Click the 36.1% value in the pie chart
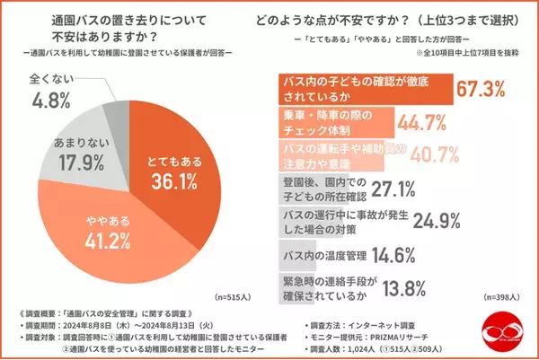coord(173,181)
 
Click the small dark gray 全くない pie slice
coord(115,117)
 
